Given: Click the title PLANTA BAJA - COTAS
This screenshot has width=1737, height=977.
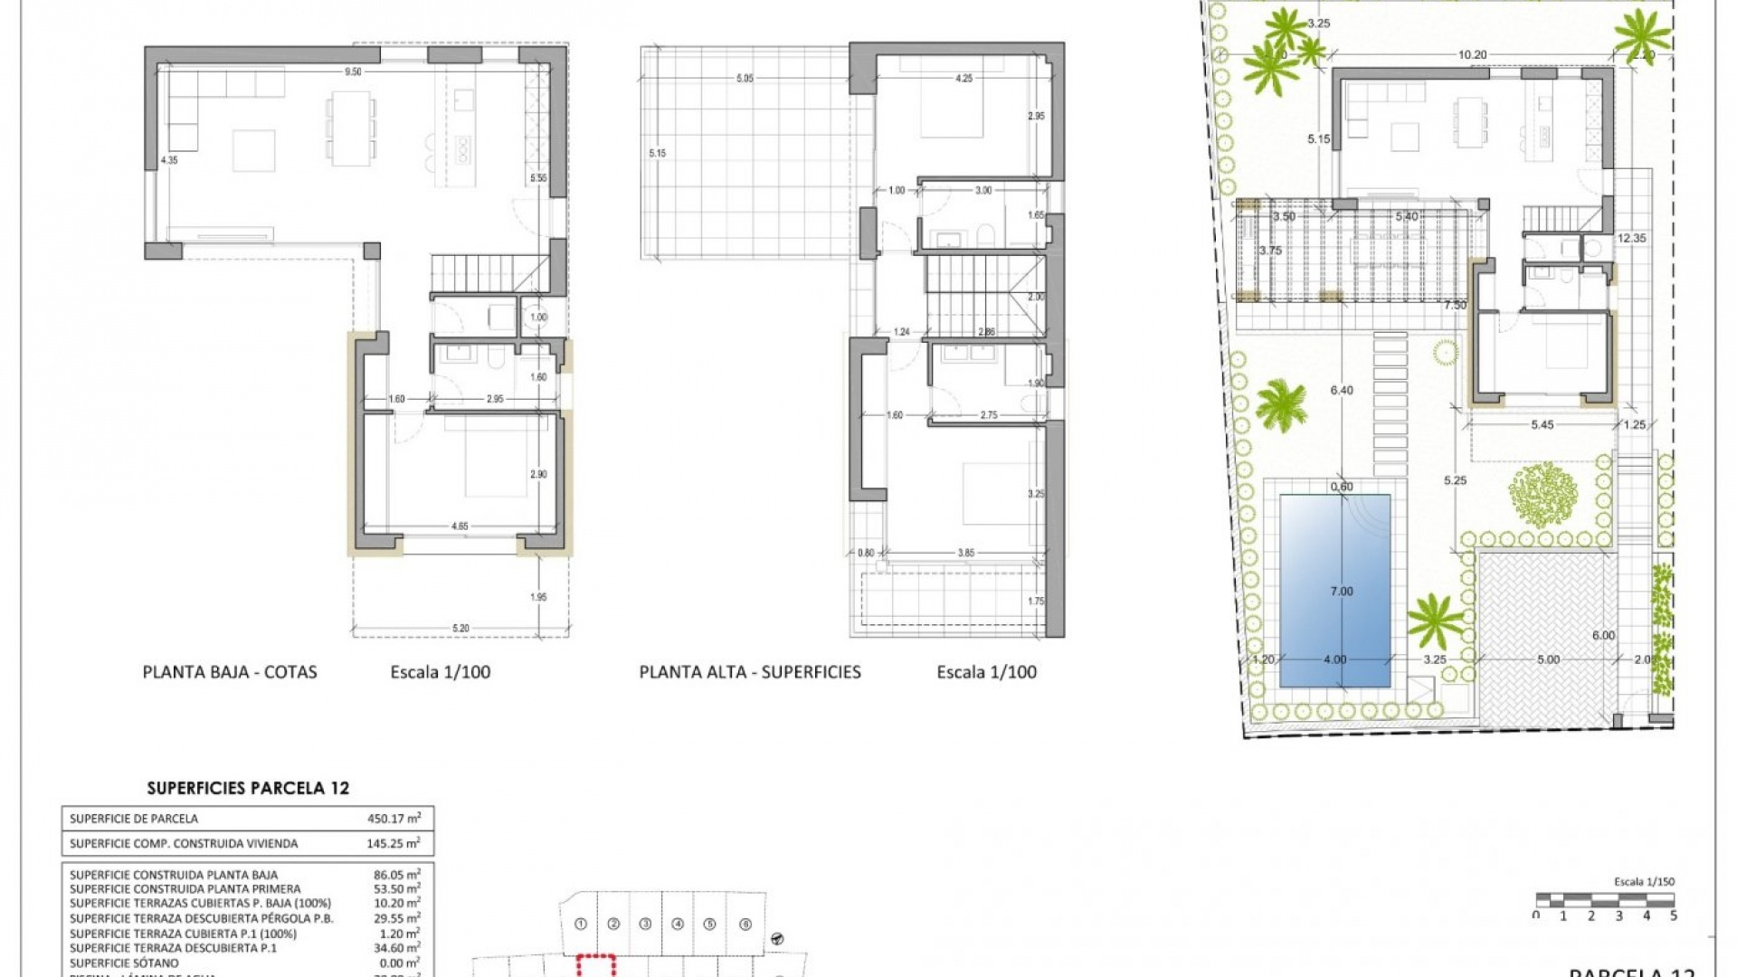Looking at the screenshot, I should click(230, 672).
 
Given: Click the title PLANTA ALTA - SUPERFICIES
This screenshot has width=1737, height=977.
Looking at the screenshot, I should click(750, 672).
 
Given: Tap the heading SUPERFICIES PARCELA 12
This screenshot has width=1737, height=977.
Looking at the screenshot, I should click(248, 788).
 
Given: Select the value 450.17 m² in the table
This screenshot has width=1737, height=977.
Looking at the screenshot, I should click(394, 819).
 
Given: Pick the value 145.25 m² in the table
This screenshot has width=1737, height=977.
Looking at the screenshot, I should click(394, 843).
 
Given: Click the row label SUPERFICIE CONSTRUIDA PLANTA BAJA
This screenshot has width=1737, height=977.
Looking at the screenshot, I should click(174, 875).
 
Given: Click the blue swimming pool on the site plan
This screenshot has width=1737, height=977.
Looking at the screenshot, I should click(1334, 591).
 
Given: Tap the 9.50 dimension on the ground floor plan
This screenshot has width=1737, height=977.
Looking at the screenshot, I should click(353, 72).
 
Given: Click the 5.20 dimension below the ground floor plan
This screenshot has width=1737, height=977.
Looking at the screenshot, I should click(460, 628).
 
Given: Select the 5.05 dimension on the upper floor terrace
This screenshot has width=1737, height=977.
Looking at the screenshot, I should click(745, 79).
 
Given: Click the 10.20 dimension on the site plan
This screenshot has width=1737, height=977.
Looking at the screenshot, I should click(1472, 55).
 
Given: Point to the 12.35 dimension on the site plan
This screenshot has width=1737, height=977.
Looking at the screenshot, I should click(1631, 239).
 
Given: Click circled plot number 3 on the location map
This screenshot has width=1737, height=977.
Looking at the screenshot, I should click(645, 924).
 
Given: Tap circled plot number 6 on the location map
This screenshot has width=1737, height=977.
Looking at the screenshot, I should click(745, 924).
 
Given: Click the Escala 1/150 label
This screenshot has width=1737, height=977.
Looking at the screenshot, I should click(1644, 881).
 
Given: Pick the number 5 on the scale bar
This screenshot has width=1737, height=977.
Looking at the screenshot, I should click(1673, 915).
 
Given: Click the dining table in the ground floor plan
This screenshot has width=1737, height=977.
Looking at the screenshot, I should click(351, 128).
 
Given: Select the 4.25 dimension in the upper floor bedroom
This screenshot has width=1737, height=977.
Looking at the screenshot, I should click(964, 79).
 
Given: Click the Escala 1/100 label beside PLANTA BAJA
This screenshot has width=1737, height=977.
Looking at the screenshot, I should click(441, 672).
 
